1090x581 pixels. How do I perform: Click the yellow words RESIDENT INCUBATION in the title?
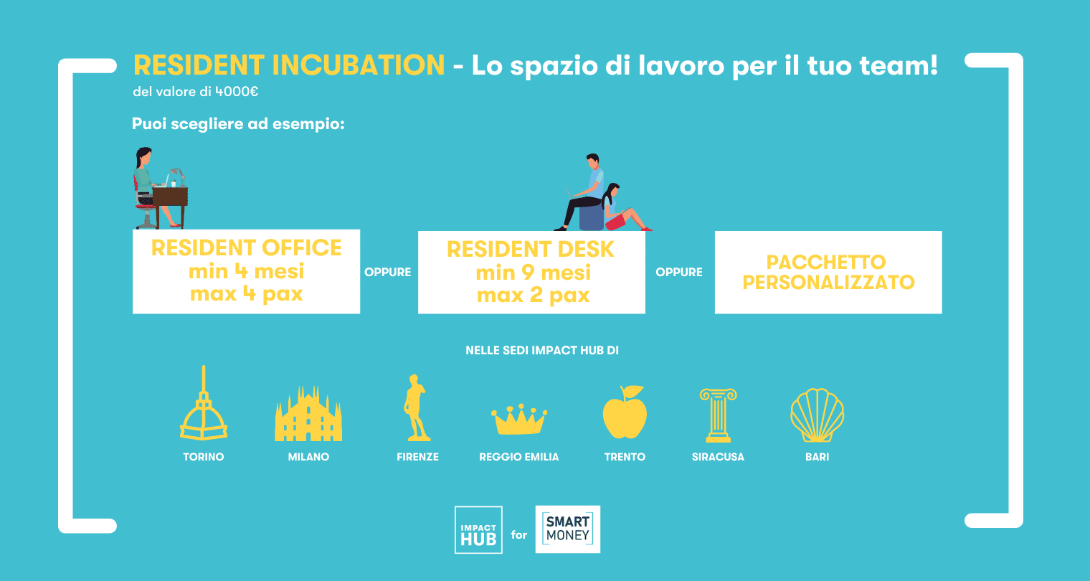[x=289, y=65]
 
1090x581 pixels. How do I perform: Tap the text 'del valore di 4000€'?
[x=195, y=92]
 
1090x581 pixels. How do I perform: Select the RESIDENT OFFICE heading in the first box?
[x=246, y=247]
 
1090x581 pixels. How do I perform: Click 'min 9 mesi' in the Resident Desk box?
[x=533, y=273]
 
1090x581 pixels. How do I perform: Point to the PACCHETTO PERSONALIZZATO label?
[x=828, y=273]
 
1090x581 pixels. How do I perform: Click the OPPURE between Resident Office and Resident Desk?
[x=388, y=272]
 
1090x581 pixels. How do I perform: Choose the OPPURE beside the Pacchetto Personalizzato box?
[x=679, y=272]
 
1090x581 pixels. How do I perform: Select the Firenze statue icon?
[x=416, y=407]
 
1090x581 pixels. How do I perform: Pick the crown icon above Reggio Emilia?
[x=519, y=419]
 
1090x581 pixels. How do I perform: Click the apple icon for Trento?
[x=625, y=412]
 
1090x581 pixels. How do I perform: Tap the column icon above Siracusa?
[x=719, y=415]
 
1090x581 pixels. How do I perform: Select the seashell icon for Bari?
[x=817, y=415]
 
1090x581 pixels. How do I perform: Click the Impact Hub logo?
[x=478, y=529]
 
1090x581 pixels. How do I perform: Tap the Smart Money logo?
[x=568, y=529]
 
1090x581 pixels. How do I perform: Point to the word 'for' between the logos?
[x=518, y=535]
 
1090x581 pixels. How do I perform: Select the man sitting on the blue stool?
[x=584, y=192]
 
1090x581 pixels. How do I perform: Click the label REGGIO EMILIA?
[x=519, y=457]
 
